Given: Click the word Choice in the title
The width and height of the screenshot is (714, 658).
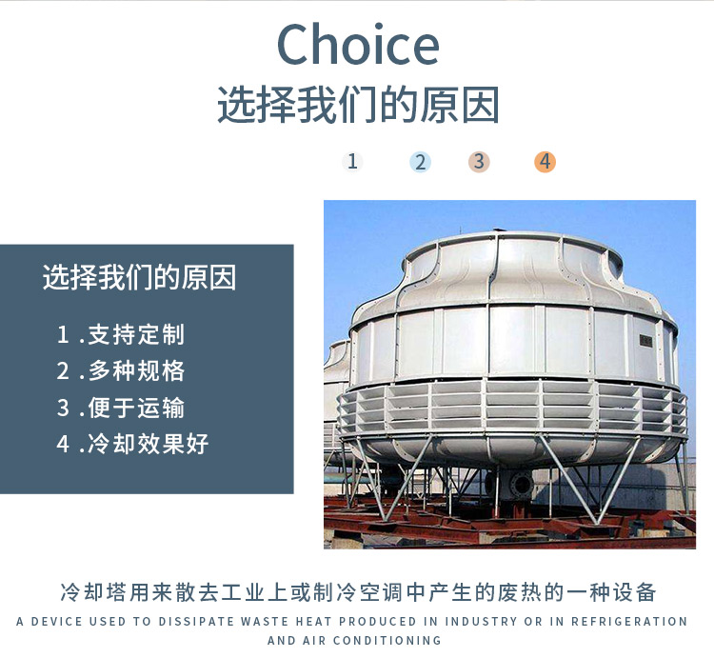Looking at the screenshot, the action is [358, 44].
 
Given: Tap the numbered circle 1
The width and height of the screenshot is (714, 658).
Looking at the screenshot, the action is [352, 162].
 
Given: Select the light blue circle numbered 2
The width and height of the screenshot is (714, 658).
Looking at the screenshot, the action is [420, 162].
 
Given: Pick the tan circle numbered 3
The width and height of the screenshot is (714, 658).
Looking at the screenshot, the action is [479, 162].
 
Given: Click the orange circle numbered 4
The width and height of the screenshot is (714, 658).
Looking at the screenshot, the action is [545, 162].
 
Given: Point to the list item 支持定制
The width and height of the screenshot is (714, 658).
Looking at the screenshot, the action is [136, 334].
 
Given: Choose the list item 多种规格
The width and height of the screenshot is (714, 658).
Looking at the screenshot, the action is [136, 370].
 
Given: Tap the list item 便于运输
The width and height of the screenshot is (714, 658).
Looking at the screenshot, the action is [136, 408].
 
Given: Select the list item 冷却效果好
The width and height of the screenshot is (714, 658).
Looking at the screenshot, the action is [149, 444].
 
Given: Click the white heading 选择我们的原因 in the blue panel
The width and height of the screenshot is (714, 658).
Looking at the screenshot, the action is [139, 277].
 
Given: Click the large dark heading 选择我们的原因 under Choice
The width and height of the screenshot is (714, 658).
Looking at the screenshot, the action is [358, 105].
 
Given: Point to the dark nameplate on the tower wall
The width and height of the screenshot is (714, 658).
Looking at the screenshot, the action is [645, 340].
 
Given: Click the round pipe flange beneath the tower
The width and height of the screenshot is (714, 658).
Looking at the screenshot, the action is [521, 485].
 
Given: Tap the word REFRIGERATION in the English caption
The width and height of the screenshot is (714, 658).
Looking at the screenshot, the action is [629, 622].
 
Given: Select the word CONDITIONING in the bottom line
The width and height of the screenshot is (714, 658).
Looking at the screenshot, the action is [387, 640].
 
